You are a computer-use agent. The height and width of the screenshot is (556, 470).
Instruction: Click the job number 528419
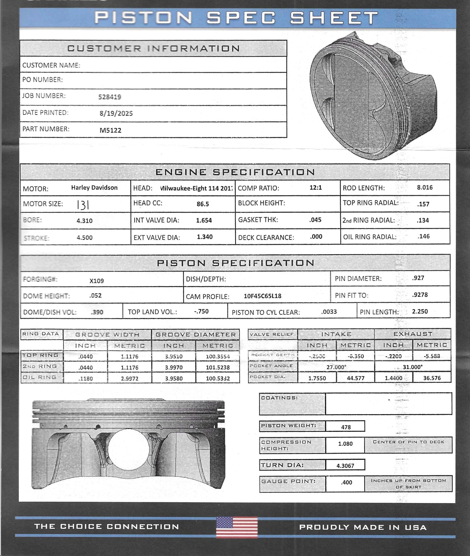[x=110, y=97]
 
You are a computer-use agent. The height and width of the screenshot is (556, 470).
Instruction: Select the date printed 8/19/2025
[x=116, y=113]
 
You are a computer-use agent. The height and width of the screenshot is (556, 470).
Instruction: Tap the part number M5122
[x=110, y=130]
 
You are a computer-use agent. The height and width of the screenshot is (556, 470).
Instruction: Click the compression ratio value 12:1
[x=316, y=187]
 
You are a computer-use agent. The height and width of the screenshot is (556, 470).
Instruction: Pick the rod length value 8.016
[x=425, y=187]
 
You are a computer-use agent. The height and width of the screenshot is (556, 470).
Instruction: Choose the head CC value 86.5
[x=203, y=204]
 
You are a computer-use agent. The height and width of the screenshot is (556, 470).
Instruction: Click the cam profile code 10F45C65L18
[x=262, y=296]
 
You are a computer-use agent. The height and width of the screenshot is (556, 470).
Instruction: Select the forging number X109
[x=97, y=280]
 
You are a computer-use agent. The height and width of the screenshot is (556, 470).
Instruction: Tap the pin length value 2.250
[x=420, y=311]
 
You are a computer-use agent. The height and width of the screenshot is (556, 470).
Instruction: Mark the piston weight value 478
[x=346, y=427]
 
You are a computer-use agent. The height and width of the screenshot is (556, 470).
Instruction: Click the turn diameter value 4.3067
[x=345, y=466]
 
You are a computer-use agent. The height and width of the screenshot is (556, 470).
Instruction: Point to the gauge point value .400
[x=346, y=482]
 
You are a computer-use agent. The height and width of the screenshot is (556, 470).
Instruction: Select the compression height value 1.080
[x=345, y=443]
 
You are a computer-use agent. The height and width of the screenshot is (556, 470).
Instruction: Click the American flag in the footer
[x=237, y=527]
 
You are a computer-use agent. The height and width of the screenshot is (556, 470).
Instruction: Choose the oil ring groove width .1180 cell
[x=86, y=379]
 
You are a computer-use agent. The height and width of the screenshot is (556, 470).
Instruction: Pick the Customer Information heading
[x=154, y=48]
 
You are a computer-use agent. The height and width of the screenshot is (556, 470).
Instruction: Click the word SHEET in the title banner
[x=334, y=18]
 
